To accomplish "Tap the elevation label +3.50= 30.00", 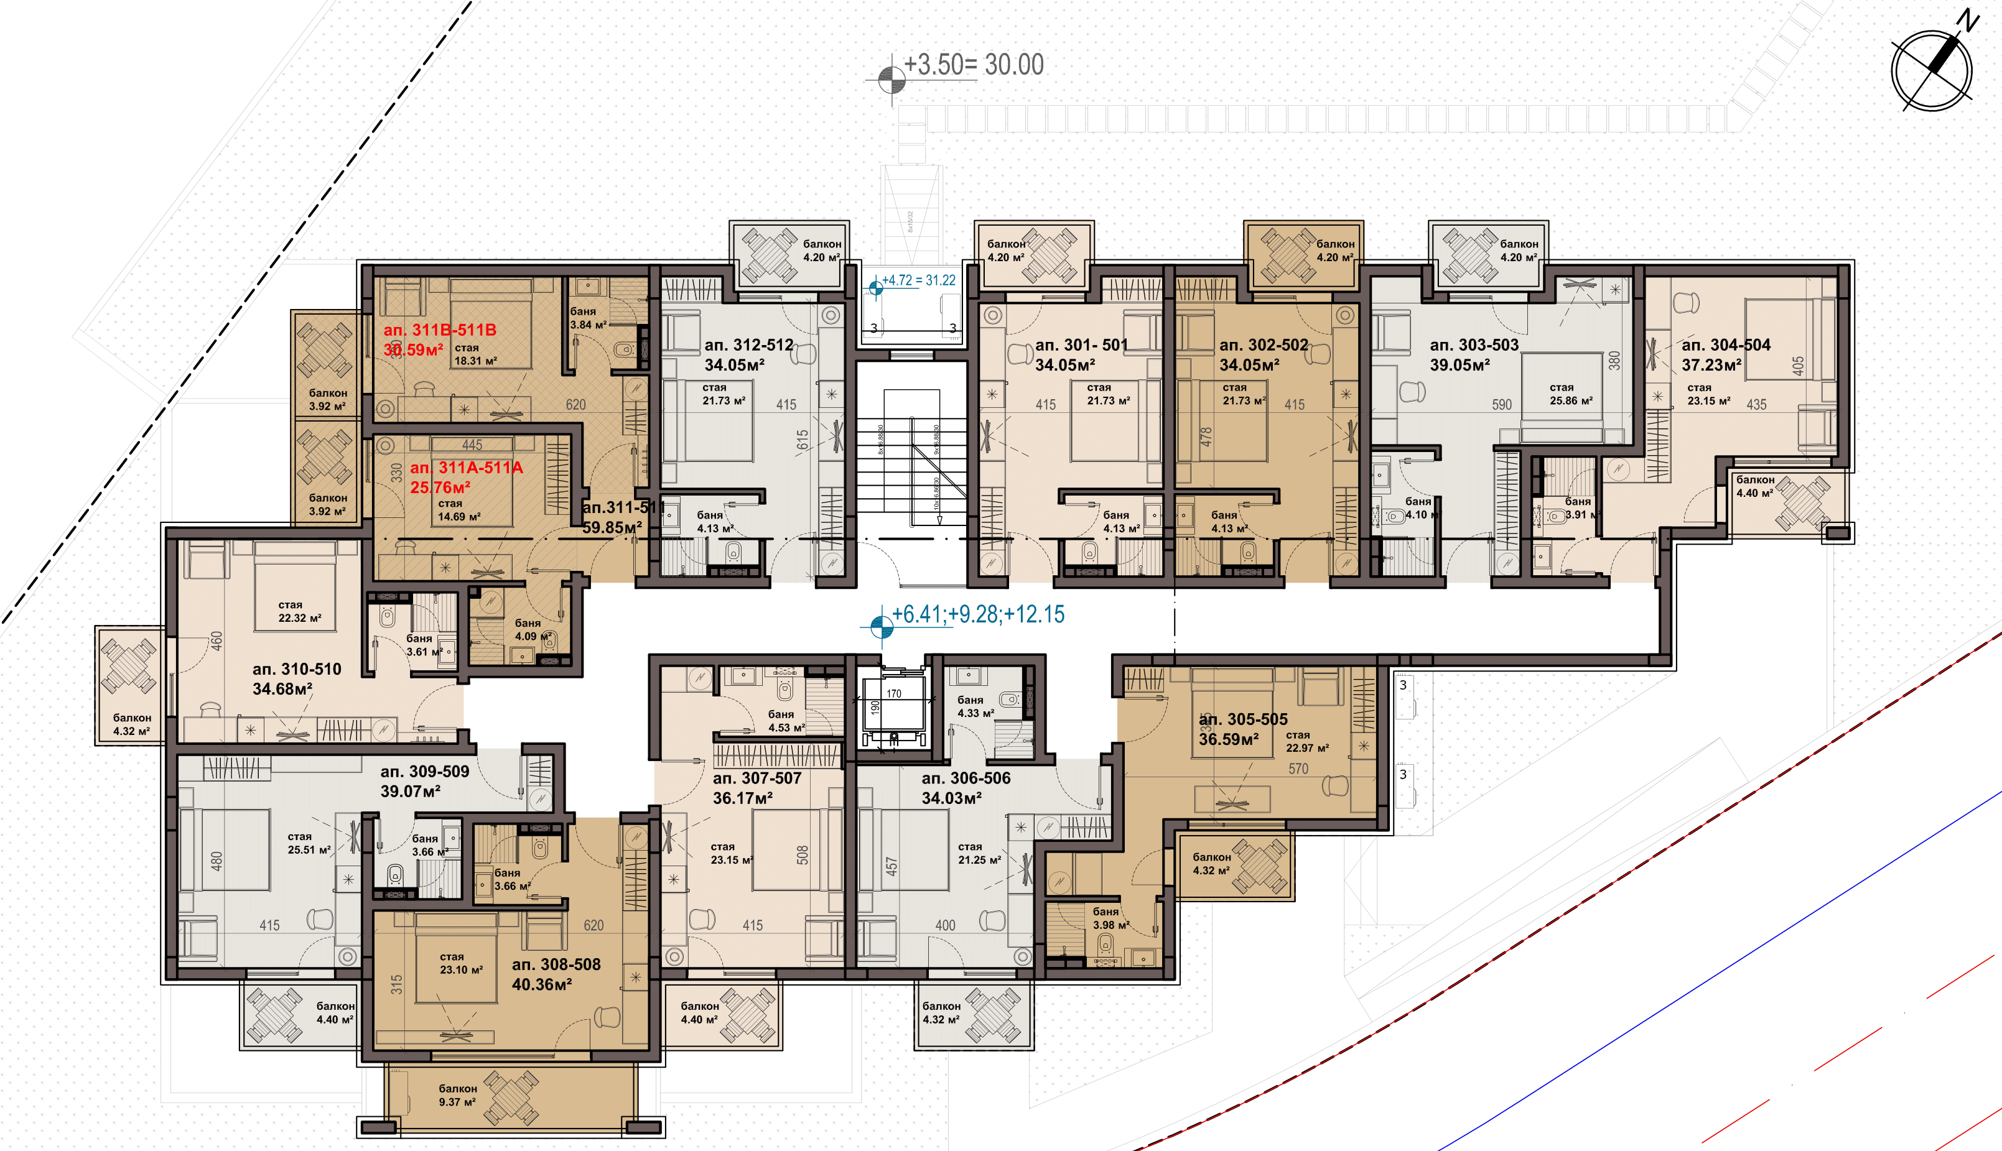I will [x=974, y=65].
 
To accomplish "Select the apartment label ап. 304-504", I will [x=1725, y=344].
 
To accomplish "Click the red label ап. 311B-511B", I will [x=440, y=330].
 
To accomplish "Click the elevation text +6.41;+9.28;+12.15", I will [x=978, y=614].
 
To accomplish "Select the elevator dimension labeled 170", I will [x=893, y=694].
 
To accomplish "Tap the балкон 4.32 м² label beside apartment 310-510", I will [x=131, y=724].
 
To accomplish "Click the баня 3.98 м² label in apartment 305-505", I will [x=1110, y=918].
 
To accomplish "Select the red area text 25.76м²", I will [x=440, y=488].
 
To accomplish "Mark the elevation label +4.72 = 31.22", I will [x=918, y=280].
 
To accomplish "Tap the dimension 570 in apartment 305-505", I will [x=1298, y=769].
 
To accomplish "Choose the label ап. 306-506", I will [x=966, y=778].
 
